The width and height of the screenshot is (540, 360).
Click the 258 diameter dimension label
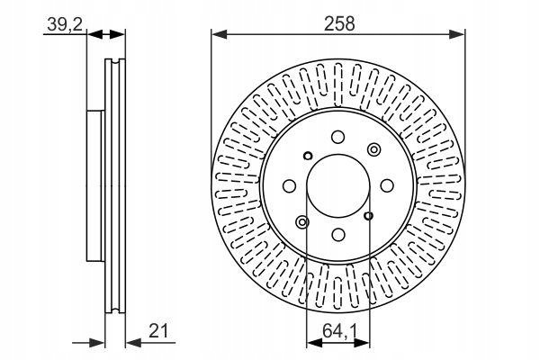point(339,24)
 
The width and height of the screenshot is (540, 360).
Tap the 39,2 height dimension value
point(65,24)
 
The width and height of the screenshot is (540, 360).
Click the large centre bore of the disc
point(338,185)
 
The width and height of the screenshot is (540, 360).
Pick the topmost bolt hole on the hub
point(338,137)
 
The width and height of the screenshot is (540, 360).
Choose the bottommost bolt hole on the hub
point(338,235)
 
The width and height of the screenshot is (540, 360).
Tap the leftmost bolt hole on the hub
point(289,186)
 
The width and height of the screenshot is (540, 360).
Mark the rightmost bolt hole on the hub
point(387,185)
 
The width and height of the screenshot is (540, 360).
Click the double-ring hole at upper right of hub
point(374,149)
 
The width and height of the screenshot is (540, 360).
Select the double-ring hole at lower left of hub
point(302,222)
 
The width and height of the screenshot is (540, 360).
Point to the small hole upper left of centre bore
point(308,156)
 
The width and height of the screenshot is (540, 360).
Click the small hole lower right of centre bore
point(368,216)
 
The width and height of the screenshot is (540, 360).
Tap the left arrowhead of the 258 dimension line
point(220,34)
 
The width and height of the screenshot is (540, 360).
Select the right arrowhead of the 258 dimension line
point(457,34)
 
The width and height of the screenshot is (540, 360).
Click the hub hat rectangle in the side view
point(95,186)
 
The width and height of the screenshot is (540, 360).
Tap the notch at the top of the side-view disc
point(115,61)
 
